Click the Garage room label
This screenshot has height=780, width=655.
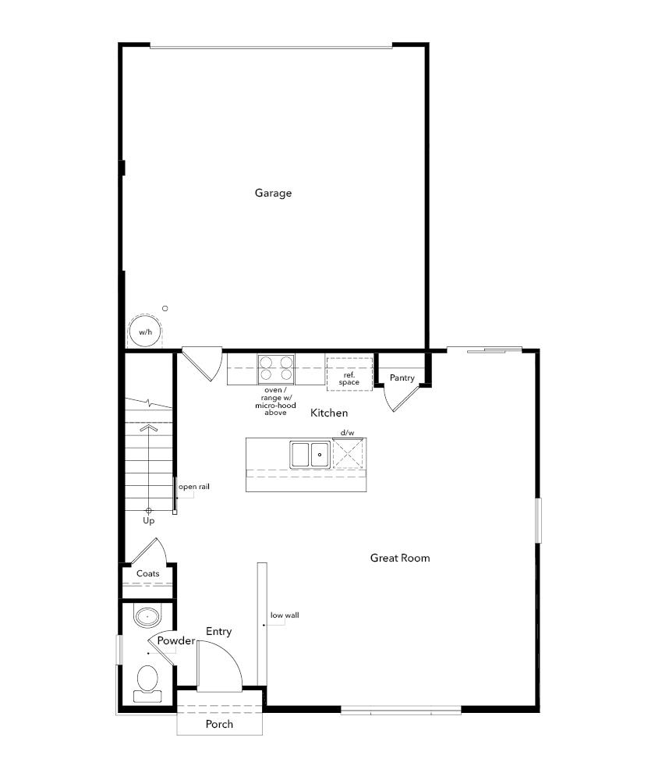click(x=273, y=193)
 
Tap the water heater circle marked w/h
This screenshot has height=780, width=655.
click(x=145, y=331)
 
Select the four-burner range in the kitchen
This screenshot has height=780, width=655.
click(x=277, y=368)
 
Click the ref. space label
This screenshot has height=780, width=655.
click(x=349, y=379)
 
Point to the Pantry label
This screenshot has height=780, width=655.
click(x=402, y=378)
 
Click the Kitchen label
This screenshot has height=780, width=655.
click(x=329, y=413)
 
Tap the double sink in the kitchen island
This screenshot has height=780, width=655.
click(x=310, y=454)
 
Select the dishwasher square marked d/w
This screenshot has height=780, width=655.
click(x=348, y=453)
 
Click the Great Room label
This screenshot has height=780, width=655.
click(x=400, y=558)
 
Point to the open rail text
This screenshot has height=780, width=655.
click(x=194, y=487)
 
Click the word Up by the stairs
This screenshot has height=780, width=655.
click(x=148, y=520)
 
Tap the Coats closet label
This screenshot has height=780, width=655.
click(x=148, y=574)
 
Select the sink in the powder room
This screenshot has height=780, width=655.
click(x=147, y=617)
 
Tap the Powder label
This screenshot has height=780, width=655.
click(x=175, y=641)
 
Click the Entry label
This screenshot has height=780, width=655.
click(x=218, y=631)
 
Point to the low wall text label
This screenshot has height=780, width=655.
click(x=285, y=615)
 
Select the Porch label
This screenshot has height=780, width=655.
click(x=219, y=724)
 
